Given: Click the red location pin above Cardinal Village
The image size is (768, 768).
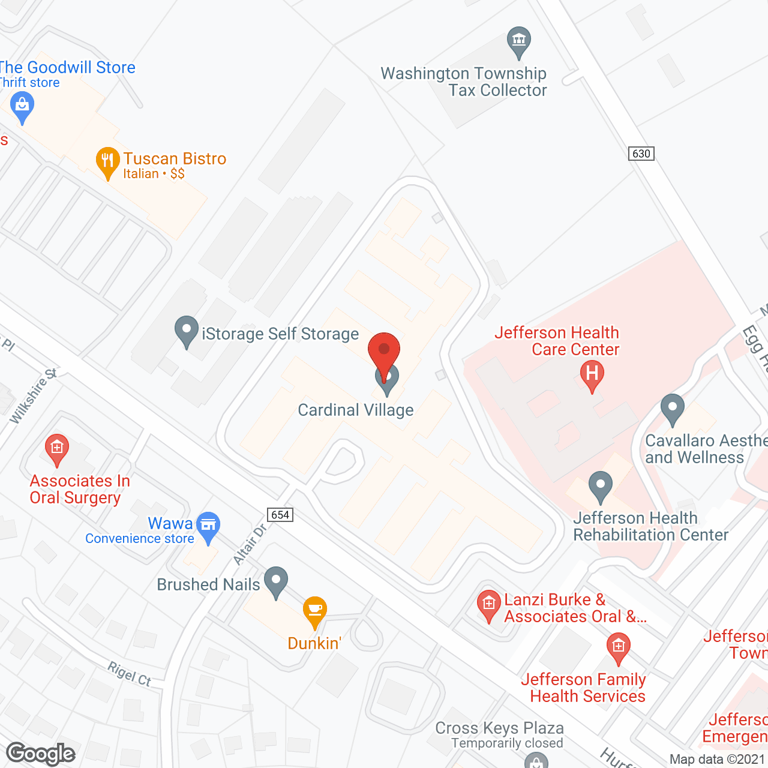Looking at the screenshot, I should tap(383, 352).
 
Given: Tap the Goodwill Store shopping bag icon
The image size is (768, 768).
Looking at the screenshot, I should tap(22, 106).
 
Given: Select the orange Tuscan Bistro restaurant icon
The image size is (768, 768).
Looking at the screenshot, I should tap(107, 161).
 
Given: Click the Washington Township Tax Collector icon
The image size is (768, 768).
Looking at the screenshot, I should tap(518, 41).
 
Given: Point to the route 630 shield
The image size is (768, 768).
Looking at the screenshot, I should tap(641, 154).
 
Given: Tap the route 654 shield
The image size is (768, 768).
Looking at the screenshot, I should tap(280, 515).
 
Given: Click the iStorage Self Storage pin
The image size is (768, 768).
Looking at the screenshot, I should tap(187, 330).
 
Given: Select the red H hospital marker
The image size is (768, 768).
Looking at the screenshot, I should tap(592, 374).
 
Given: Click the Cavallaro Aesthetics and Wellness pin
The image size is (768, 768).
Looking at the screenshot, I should tap(672, 408).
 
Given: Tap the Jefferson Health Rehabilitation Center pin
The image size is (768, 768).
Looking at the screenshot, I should tap(600, 485).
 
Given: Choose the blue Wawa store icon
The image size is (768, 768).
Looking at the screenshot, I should tap(208, 526).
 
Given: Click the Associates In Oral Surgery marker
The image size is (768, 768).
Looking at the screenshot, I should tap(57, 448).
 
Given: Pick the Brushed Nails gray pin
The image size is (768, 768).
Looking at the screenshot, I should tap(276, 581).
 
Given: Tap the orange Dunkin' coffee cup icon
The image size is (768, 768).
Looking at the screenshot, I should tap(314, 610).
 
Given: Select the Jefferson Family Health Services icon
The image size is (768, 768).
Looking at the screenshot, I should tap(618, 647).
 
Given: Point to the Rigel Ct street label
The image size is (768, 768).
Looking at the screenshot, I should tap(129, 673).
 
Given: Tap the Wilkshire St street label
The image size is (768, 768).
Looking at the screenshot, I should tap(32, 397).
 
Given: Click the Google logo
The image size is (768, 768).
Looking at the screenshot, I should tap(40, 754).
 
